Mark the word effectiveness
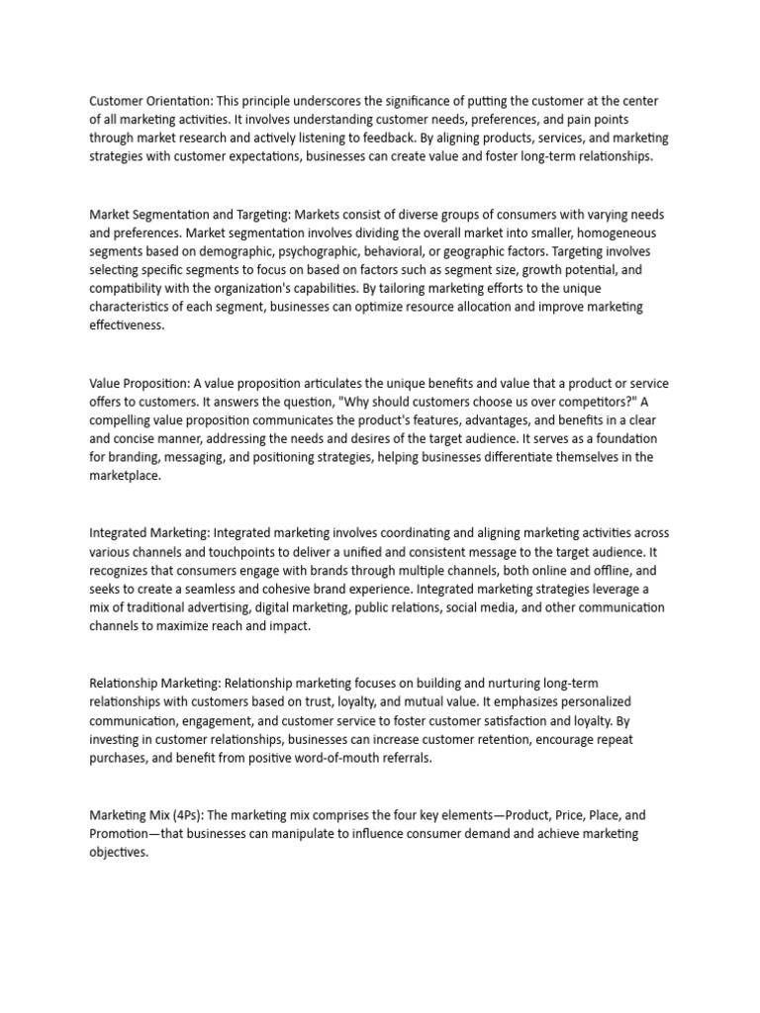coord(127,324)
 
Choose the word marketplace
coord(124,475)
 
